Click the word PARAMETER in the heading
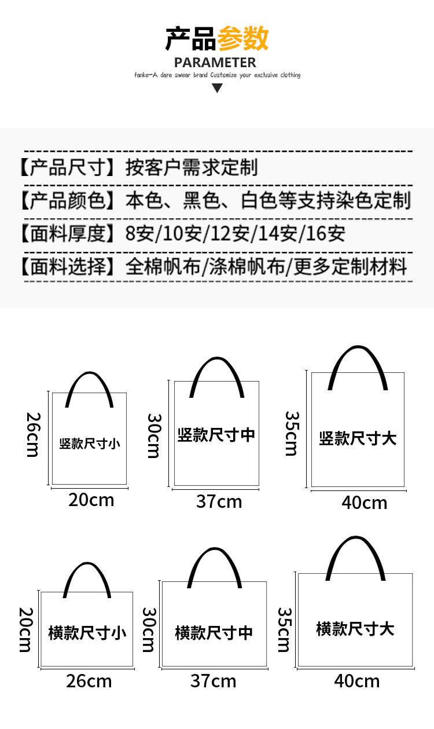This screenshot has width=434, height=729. tap(215, 63)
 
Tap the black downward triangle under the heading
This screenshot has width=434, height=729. tap(217, 88)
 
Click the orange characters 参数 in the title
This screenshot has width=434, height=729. tap(242, 39)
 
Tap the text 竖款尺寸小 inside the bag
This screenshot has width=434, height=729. tap(90, 444)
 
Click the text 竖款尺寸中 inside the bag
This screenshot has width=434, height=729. tap(216, 435)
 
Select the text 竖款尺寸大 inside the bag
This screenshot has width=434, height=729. tap(358, 438)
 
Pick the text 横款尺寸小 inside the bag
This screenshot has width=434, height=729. tap(87, 632)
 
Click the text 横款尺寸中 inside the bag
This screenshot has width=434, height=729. tap(214, 632)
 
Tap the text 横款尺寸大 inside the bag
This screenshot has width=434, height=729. tap(355, 628)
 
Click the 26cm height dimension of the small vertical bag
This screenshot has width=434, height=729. tap(32, 434)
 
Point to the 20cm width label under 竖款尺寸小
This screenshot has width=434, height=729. tap(91, 499)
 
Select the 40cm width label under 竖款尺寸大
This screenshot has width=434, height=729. tap(364, 502)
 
